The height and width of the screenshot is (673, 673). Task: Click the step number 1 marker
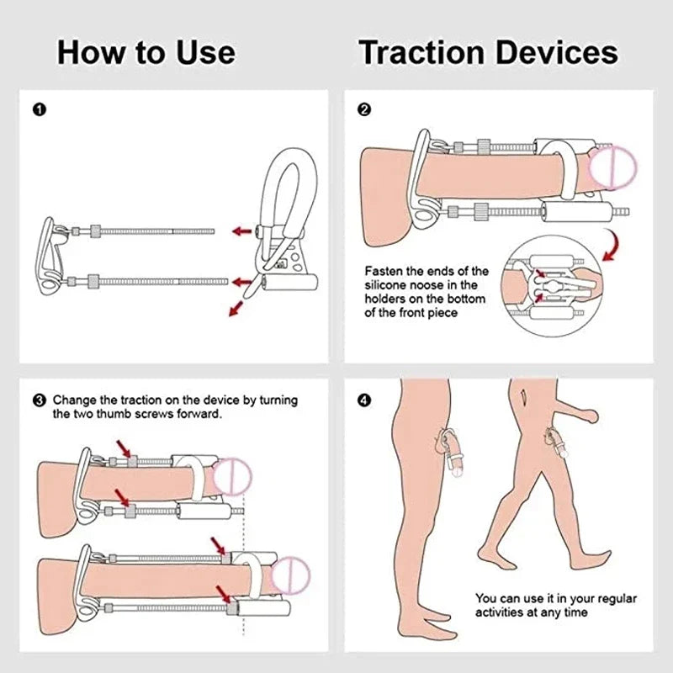[x=38, y=109]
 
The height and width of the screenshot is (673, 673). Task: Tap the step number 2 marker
[x=364, y=109]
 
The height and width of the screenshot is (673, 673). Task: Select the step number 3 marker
[x=39, y=400]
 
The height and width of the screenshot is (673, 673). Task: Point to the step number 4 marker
[x=364, y=400]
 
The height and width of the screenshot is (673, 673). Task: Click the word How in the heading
[x=89, y=52]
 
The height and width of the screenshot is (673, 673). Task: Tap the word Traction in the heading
[x=421, y=52]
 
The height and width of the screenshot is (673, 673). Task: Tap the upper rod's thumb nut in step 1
[x=94, y=229]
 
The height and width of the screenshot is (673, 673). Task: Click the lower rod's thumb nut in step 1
[x=94, y=280]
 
